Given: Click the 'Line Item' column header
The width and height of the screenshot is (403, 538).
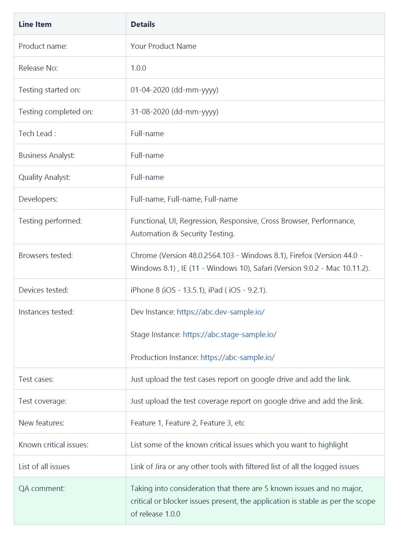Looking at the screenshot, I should [x=35, y=24].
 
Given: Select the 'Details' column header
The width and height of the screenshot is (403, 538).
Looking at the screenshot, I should [x=143, y=24].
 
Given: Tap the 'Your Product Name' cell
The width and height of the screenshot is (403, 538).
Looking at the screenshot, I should [x=163, y=46].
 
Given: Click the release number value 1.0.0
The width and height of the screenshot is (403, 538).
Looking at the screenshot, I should [x=138, y=68].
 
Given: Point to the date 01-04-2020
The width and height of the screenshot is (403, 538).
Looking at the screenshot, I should [x=150, y=90].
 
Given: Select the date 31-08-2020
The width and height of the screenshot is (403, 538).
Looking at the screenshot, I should [x=150, y=112].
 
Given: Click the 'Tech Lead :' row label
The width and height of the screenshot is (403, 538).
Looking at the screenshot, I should [x=37, y=134].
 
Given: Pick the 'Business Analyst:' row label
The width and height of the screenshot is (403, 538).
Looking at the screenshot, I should [x=47, y=155].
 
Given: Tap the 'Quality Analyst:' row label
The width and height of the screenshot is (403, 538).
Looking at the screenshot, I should [x=44, y=177].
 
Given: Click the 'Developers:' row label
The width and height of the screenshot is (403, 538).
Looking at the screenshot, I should [x=38, y=199].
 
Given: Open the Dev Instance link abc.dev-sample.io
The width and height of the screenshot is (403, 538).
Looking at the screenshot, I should [x=220, y=312].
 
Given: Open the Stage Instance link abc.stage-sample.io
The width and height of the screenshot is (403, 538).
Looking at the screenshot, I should [x=230, y=335].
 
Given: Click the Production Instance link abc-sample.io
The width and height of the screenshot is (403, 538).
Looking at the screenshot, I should [x=238, y=357].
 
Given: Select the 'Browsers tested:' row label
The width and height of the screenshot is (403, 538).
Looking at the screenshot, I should [x=45, y=256].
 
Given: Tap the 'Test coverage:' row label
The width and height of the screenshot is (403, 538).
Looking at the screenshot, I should [x=42, y=401].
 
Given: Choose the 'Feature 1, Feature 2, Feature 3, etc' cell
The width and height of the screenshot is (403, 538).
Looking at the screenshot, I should [x=187, y=423].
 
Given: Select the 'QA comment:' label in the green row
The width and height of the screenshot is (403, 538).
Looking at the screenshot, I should [x=41, y=488].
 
